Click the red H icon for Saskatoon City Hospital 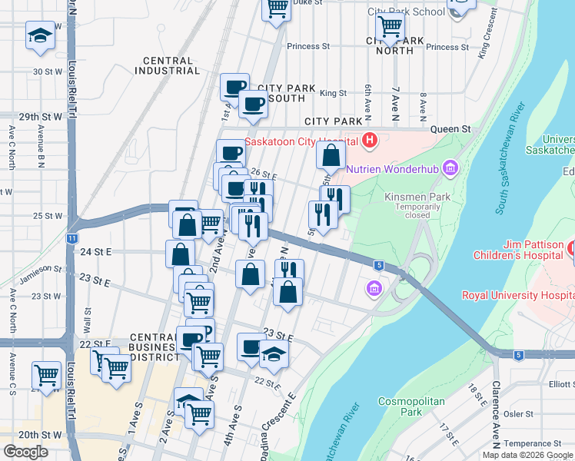click(x=370, y=141)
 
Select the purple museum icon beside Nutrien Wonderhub click(x=450, y=167)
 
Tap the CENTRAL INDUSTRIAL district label click(x=167, y=65)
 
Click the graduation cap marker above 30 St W click(x=40, y=35)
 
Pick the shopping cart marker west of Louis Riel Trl click(x=46, y=375)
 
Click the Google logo click(x=25, y=451)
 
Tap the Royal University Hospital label click(x=517, y=295)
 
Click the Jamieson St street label click(x=42, y=268)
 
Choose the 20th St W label click(x=40, y=434)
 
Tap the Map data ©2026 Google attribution click(x=527, y=455)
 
